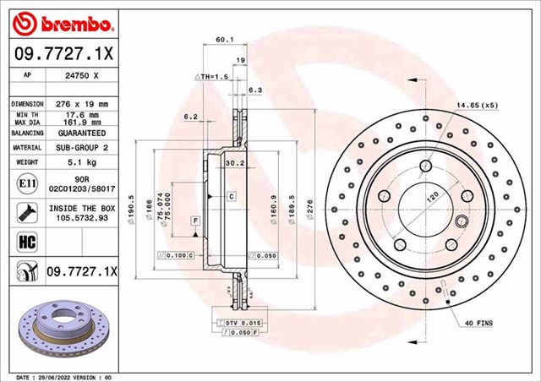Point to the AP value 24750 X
click(83, 75)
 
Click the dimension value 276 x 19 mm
click(82, 103)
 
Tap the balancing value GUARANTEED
click(82, 134)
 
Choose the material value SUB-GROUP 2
click(82, 147)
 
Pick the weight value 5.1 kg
click(82, 161)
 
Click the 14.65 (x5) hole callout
click(478, 106)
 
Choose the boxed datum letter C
click(231, 196)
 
